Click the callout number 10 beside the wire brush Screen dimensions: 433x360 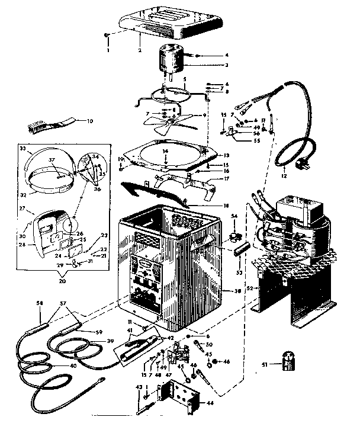tap(90, 121)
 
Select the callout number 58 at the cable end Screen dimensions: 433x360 tap(40, 303)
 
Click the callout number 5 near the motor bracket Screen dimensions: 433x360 tap(185, 78)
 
